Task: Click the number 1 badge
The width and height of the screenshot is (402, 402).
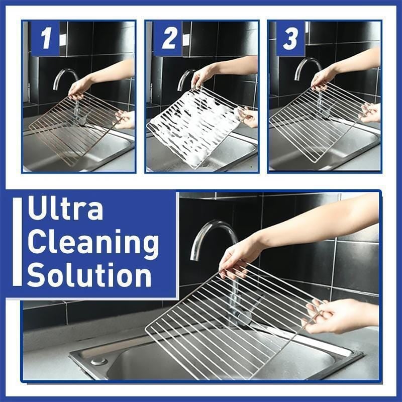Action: click(45, 38)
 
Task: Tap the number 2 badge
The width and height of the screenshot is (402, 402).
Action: click(168, 38)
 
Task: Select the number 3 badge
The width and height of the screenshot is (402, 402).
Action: click(291, 38)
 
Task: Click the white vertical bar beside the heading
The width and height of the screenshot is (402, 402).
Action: click(18, 241)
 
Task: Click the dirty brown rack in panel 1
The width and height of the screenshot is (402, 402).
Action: click(74, 128)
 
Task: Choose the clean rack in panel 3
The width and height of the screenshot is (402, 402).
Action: click(318, 121)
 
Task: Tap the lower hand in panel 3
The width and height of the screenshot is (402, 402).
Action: click(370, 113)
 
